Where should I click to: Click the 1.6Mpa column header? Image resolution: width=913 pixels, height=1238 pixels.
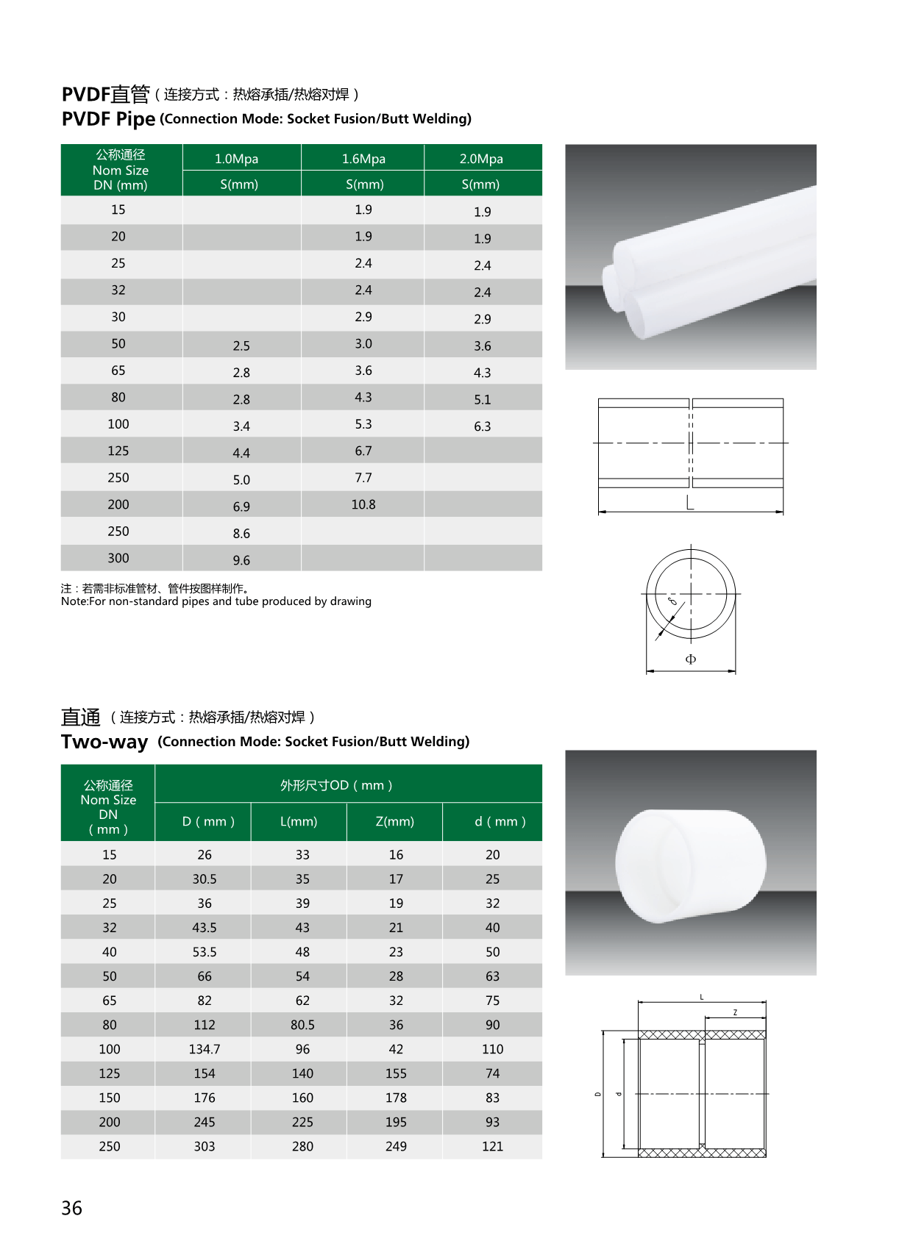click(x=363, y=159)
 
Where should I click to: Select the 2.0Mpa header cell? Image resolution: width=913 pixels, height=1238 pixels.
click(x=481, y=159)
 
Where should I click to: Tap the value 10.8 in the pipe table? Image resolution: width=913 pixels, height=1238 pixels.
click(x=363, y=504)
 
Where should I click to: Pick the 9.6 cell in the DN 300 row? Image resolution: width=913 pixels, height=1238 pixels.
click(x=241, y=560)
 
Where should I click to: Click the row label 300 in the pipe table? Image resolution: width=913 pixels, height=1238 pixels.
click(x=118, y=558)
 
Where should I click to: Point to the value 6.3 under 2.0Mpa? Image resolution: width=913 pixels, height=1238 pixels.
click(x=482, y=426)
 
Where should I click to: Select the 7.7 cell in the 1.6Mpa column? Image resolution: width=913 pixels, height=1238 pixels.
click(x=363, y=478)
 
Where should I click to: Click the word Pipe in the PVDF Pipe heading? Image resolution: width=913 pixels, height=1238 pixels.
click(x=135, y=119)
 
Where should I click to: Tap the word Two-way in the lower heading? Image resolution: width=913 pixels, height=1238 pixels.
click(x=104, y=742)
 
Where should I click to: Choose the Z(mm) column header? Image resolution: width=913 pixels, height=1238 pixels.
click(x=395, y=821)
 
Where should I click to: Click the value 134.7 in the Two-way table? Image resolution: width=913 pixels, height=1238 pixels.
click(x=205, y=1049)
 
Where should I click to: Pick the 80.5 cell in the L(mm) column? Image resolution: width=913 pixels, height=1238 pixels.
click(x=302, y=1025)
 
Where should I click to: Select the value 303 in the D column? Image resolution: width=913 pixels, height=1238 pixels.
click(x=205, y=1146)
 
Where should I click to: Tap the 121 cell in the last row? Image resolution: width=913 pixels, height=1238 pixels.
click(x=492, y=1146)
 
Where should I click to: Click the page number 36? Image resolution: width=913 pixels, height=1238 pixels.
click(x=72, y=1208)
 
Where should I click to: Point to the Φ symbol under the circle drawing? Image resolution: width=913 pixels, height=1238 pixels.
click(x=690, y=659)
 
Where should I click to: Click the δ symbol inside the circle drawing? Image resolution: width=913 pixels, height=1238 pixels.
click(x=672, y=601)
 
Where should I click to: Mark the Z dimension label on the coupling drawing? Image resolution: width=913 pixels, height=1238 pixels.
click(x=735, y=1012)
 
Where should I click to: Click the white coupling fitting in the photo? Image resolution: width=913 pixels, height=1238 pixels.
click(x=690, y=865)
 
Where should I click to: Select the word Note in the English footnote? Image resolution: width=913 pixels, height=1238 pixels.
click(x=74, y=601)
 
